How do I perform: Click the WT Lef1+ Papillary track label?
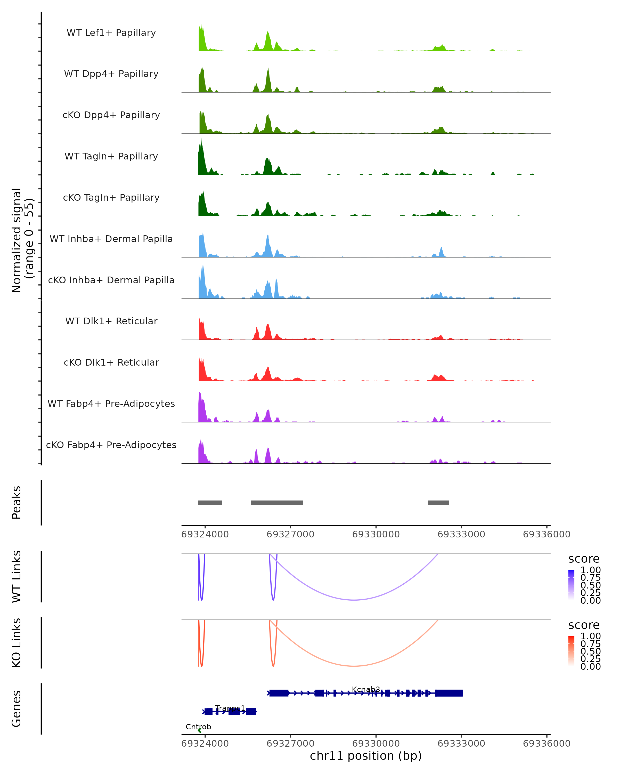tap(111, 33)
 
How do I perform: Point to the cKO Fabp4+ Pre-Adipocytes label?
tap(111, 445)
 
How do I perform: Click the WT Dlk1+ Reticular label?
tap(111, 321)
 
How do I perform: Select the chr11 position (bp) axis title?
tap(366, 756)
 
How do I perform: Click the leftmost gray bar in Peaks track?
tap(210, 503)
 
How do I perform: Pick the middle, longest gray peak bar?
tap(277, 503)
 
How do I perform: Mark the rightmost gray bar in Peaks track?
tap(438, 503)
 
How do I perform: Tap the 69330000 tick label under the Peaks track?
tap(376, 534)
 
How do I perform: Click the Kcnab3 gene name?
tap(366, 689)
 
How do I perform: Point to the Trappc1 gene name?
tap(230, 708)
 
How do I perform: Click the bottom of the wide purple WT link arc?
tap(354, 600)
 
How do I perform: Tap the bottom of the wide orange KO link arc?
tap(354, 666)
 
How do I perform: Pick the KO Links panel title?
tap(17, 643)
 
